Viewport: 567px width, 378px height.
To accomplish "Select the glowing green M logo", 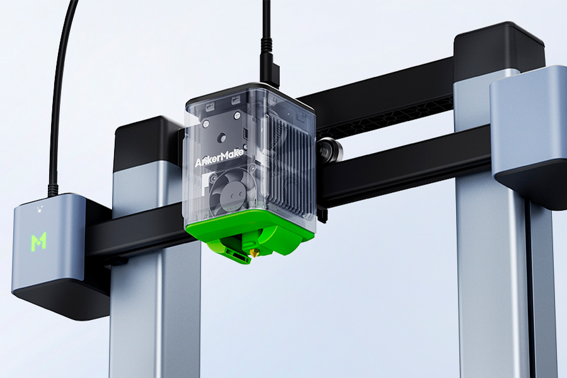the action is [x=38, y=241].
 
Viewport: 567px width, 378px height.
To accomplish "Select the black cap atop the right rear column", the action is [x=499, y=45].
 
